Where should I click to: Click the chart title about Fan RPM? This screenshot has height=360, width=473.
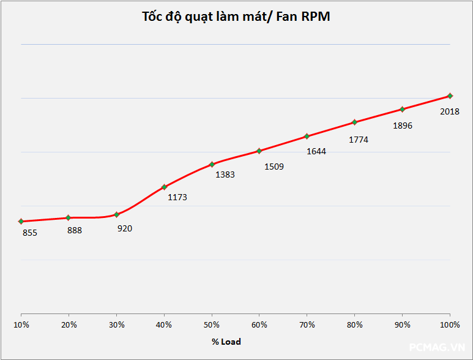(236, 17)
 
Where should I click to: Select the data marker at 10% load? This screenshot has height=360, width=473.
(21, 221)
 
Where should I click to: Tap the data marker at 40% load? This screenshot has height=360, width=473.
(164, 187)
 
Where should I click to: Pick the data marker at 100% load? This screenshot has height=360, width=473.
(450, 96)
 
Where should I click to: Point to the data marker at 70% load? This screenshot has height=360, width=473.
(307, 136)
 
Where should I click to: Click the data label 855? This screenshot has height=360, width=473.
(30, 233)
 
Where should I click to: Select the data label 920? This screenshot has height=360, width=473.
(125, 228)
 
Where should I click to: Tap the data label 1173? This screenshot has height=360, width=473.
(177, 197)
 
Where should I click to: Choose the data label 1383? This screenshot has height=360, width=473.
(225, 174)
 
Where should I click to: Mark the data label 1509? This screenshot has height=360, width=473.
(274, 166)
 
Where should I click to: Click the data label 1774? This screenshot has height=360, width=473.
(359, 140)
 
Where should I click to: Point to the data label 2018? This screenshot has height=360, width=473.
(450, 111)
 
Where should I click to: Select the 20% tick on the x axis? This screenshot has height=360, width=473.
(69, 324)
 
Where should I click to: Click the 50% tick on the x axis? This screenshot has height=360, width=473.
(212, 324)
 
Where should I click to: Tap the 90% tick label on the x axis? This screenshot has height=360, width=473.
(403, 324)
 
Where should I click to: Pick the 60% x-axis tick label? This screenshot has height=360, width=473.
(259, 324)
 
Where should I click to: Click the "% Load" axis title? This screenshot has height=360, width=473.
(226, 342)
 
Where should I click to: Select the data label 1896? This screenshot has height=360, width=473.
(403, 126)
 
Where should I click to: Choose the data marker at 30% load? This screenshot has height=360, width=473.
(116, 214)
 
